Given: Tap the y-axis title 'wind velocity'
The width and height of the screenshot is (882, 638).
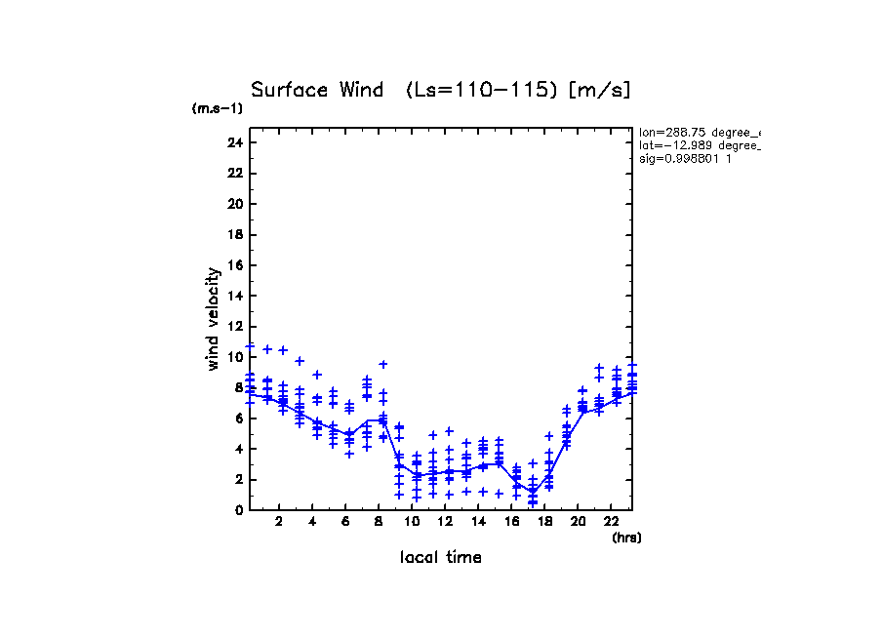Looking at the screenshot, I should pyautogui.click(x=213, y=319).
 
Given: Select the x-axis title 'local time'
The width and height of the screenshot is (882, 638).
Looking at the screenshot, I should pyautogui.click(x=440, y=558).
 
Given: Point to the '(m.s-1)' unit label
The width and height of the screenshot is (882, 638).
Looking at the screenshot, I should pyautogui.click(x=218, y=108).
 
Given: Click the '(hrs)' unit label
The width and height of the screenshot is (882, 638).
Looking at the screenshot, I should pyautogui.click(x=626, y=538).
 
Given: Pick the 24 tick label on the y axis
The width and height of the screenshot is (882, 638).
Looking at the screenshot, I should pyautogui.click(x=234, y=142).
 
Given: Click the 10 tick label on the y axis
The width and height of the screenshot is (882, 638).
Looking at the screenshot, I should pyautogui.click(x=234, y=357).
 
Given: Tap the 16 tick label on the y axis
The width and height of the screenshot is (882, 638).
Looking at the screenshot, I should pyautogui.click(x=234, y=265).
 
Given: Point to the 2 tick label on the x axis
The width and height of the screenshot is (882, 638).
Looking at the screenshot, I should pyautogui.click(x=280, y=522).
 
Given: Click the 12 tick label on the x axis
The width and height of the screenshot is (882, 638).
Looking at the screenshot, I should pyautogui.click(x=446, y=522).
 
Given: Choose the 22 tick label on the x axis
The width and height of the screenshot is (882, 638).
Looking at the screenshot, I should pyautogui.click(x=612, y=522).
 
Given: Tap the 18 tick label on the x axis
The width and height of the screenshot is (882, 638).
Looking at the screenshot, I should pyautogui.click(x=545, y=522).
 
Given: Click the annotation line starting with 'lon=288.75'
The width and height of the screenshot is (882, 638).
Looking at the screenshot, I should pyautogui.click(x=699, y=132).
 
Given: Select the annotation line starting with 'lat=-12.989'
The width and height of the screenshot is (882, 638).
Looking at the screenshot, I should pyautogui.click(x=699, y=144).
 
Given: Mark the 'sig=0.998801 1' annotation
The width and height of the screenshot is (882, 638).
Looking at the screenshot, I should pyautogui.click(x=685, y=158).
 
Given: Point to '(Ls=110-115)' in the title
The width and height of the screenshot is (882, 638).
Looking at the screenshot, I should pyautogui.click(x=483, y=90).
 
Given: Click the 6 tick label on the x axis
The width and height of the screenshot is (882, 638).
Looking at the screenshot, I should pyautogui.click(x=346, y=522).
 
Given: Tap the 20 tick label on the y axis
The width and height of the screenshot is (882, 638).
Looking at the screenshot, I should pyautogui.click(x=234, y=204).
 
